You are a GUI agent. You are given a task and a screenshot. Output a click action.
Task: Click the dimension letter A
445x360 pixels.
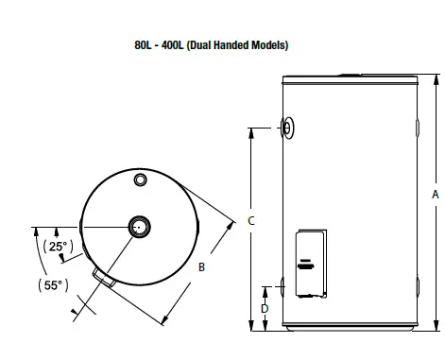click(436, 195)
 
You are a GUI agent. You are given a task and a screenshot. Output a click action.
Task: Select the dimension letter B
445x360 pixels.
click(201, 267)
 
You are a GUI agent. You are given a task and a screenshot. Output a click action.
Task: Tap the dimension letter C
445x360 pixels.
click(251, 221)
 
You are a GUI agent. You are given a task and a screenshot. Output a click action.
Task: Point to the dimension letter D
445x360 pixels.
click(265, 308)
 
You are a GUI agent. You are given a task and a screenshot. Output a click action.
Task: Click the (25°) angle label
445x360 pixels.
click(59, 247)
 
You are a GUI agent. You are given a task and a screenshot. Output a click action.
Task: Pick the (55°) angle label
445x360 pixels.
click(53, 285)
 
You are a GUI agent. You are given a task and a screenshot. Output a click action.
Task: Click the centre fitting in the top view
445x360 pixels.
click(139, 227)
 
